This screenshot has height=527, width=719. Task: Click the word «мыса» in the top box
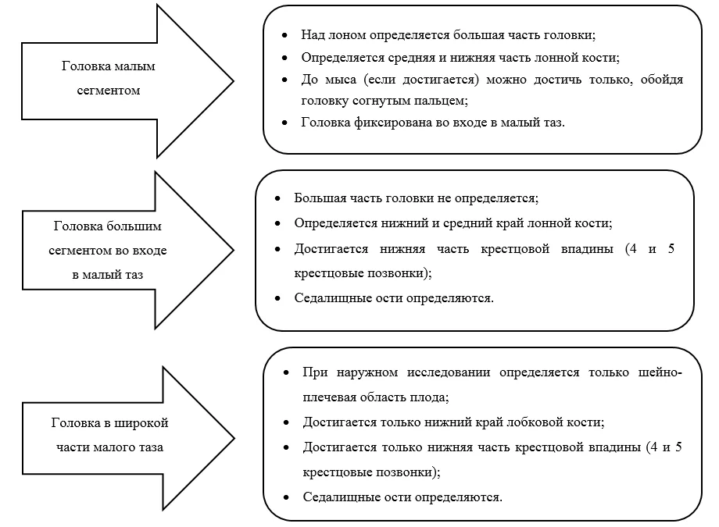340,80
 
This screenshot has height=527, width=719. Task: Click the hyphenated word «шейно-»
660,372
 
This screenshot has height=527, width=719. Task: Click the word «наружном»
367,372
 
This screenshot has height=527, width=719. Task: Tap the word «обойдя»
662,80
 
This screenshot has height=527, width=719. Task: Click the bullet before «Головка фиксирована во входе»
284,123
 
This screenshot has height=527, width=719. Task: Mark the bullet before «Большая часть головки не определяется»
277,198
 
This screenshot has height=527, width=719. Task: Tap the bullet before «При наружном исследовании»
286,372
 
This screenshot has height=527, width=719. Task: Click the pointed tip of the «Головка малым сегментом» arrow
234,81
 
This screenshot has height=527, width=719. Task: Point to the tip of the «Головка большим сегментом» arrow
234,250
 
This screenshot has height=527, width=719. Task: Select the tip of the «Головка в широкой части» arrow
234,439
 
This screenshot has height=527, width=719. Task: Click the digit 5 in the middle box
671,249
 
